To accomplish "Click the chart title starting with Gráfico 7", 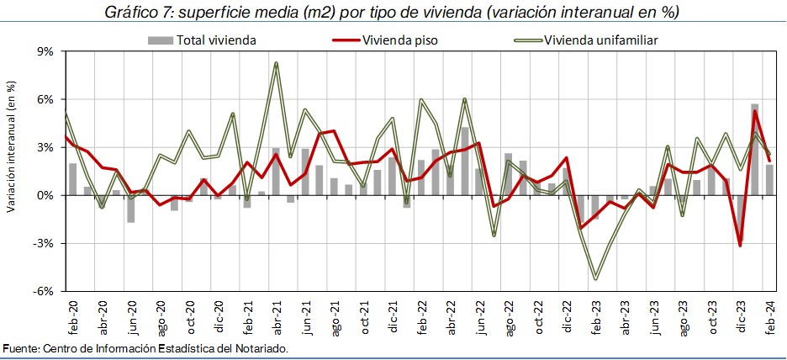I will coord(393,13).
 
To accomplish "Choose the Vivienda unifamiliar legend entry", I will coord(600,40).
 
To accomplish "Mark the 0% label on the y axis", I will coord(45,195).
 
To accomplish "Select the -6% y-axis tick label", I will coord(43,291).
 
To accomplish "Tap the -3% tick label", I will coord(43,243).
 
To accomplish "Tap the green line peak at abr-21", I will coord(276,63).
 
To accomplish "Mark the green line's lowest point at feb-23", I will coord(595,278).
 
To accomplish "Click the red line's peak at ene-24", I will coord(755,111).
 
